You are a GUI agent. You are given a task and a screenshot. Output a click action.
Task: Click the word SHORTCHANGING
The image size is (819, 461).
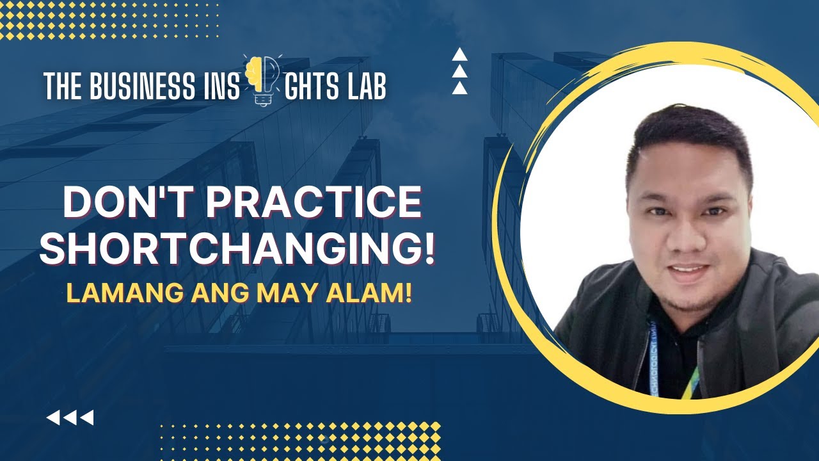coord(227,249)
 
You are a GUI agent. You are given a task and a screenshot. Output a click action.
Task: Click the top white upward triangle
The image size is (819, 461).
coord(459,55)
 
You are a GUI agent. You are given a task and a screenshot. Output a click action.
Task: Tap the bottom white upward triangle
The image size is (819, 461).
coord(459,88)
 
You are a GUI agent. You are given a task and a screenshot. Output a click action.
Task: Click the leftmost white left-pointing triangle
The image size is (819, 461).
coord(54,418)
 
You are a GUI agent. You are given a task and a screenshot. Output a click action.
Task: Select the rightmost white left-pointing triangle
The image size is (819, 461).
coord(86,418)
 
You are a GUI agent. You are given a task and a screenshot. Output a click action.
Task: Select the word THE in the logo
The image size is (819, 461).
coord(60,86)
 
